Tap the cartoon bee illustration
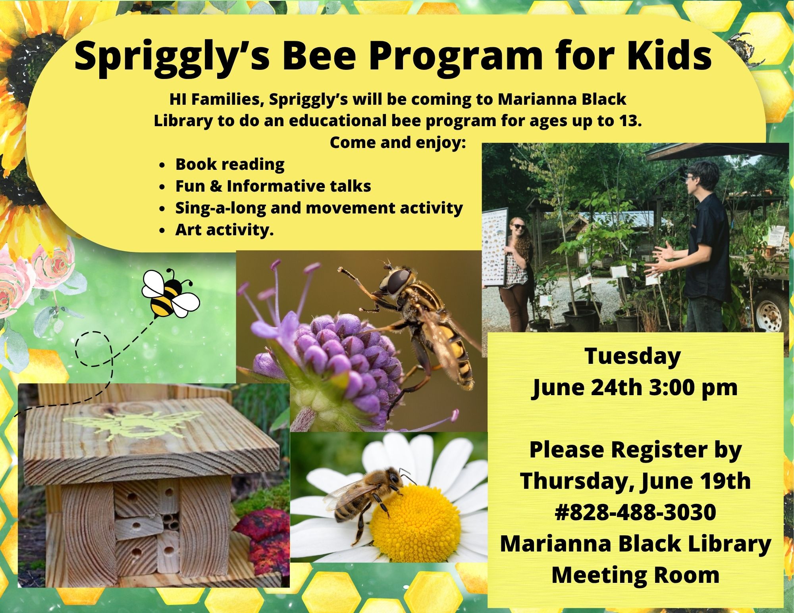coord(170,293)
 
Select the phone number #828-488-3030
coord(635,512)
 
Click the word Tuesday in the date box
coord(632,357)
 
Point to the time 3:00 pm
coord(693,388)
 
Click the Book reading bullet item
coord(230,164)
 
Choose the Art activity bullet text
coord(224,229)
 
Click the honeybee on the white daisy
coord(367,498)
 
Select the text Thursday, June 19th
coord(635,481)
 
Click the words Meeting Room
coord(635,575)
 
